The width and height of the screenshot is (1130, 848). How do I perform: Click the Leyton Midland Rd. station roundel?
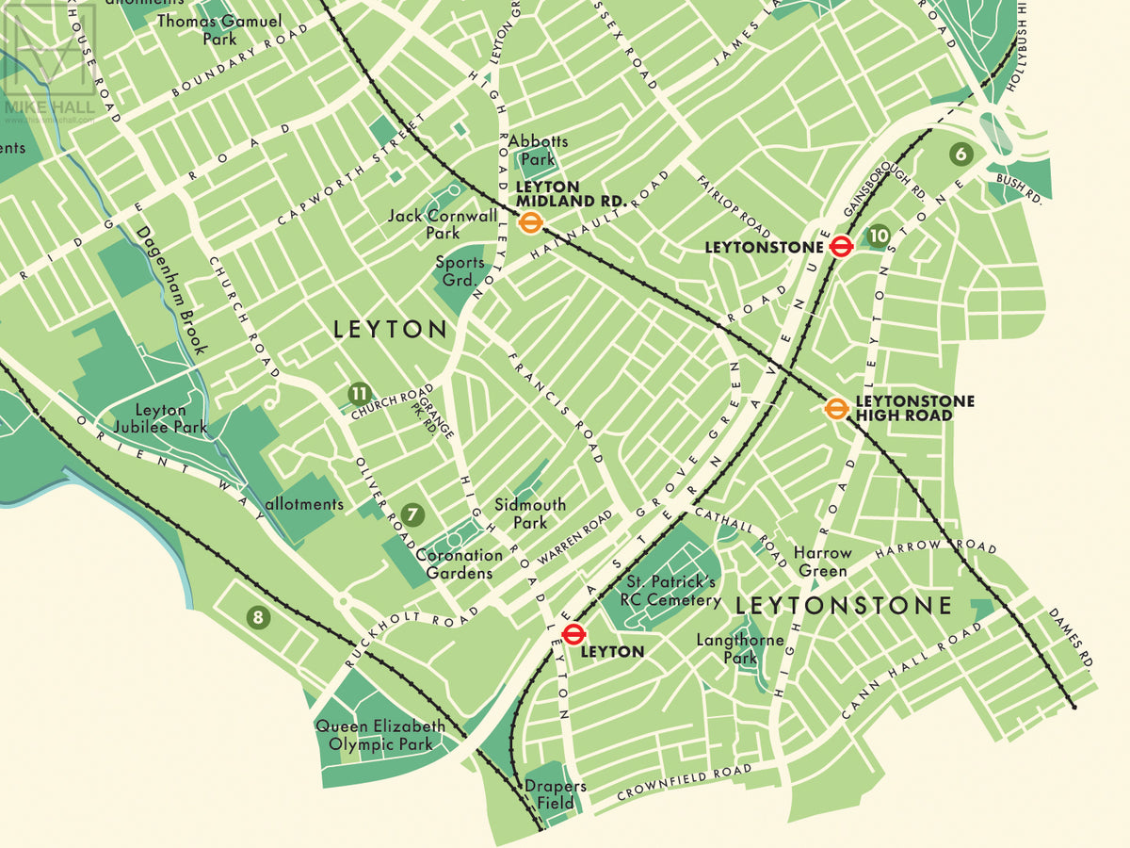(x=530, y=223)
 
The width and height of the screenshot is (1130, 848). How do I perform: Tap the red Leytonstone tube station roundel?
(x=842, y=247)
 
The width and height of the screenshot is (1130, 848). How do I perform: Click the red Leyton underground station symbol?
(x=573, y=633)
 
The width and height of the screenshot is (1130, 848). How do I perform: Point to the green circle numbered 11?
(x=359, y=393)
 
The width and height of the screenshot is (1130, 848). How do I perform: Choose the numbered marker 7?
(x=412, y=514)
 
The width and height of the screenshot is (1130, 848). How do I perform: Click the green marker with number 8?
(x=258, y=618)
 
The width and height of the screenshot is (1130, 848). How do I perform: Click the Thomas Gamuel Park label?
(x=219, y=29)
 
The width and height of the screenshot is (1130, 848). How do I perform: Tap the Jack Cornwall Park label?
(x=443, y=224)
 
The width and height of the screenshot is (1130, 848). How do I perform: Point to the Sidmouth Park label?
(x=530, y=514)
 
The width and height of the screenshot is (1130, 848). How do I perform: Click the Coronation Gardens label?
(x=459, y=564)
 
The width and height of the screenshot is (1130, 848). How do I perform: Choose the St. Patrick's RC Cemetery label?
(x=670, y=592)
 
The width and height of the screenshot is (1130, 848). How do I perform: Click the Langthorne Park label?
(x=740, y=649)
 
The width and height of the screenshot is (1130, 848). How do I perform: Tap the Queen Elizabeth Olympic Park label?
(x=380, y=735)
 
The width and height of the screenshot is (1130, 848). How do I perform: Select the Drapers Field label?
(x=556, y=794)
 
